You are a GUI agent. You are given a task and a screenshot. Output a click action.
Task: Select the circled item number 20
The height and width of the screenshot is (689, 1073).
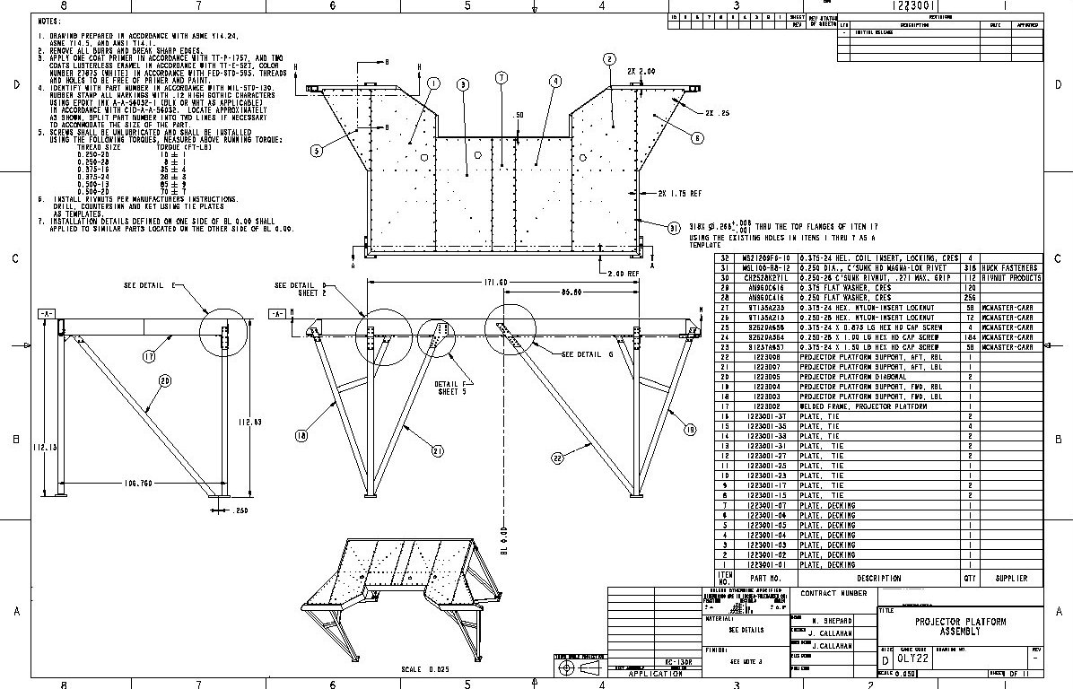(164, 381)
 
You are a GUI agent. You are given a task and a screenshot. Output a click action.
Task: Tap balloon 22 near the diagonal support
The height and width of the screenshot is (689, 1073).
(557, 458)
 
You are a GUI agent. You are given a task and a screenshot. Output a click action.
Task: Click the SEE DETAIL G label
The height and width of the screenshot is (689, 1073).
(587, 355)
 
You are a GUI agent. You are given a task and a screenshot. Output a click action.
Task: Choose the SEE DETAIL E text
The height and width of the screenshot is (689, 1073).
(150, 285)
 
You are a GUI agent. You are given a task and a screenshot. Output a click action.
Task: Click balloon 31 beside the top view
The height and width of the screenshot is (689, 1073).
(674, 229)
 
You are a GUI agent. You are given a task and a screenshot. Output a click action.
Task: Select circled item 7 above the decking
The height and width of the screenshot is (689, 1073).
(501, 78)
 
